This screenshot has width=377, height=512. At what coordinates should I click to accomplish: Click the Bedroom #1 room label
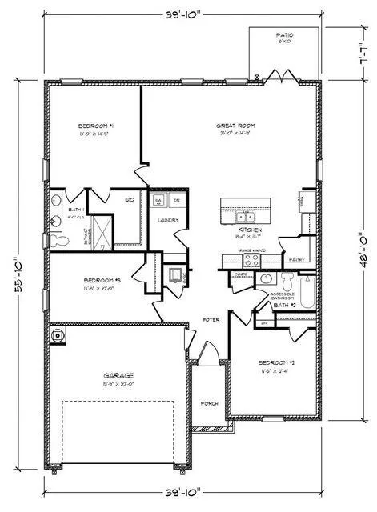(95, 126)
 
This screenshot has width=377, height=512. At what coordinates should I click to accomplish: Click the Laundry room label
(167, 220)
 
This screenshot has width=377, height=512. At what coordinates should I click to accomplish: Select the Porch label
(209, 402)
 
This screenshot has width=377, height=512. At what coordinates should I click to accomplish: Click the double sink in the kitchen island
(245, 216)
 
